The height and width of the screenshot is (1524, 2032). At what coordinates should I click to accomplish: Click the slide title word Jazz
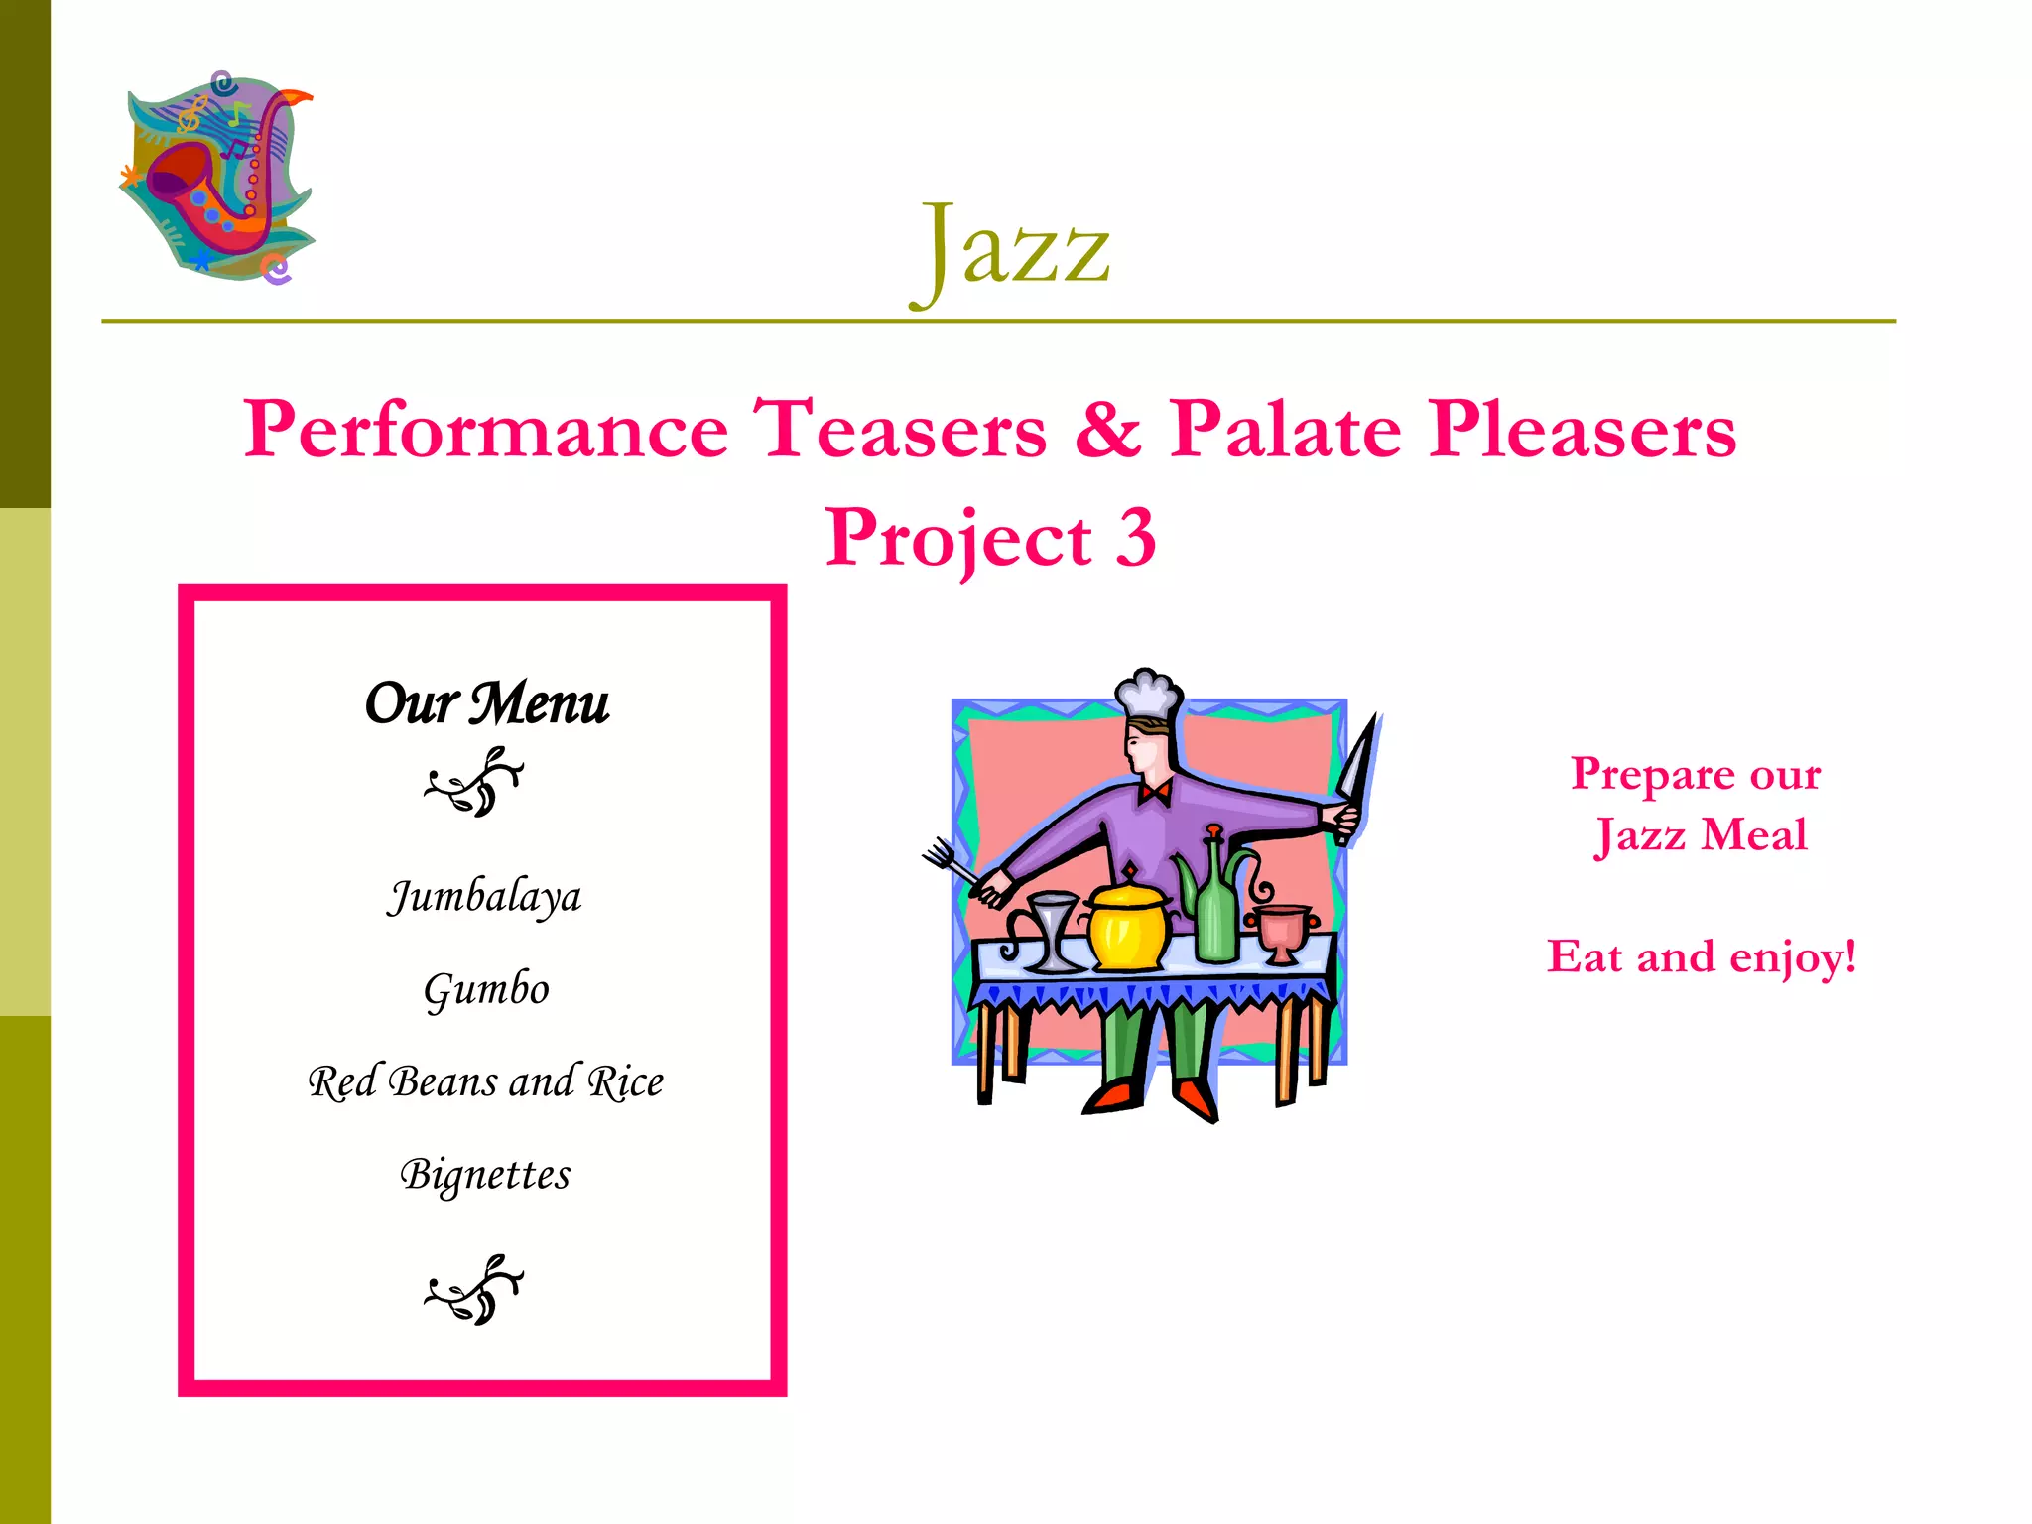(1012, 248)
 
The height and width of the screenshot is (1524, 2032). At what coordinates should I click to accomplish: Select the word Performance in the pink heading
(486, 429)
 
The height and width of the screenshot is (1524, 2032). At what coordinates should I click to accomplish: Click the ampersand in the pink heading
(1107, 429)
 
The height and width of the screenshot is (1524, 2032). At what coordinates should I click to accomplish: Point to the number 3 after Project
(1135, 538)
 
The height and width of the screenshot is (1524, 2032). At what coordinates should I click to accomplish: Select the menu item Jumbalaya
(484, 897)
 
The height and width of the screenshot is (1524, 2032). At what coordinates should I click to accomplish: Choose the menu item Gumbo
(486, 989)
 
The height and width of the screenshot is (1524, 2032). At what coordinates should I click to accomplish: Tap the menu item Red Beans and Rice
(485, 1081)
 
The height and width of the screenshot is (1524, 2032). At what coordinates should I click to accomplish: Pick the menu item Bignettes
(485, 1175)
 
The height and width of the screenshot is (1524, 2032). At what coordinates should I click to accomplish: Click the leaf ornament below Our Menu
(474, 783)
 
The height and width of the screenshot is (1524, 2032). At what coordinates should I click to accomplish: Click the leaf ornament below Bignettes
(474, 1290)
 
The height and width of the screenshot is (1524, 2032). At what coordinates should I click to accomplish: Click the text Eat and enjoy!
(1701, 957)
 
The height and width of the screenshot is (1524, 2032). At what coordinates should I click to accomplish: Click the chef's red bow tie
(1154, 793)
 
